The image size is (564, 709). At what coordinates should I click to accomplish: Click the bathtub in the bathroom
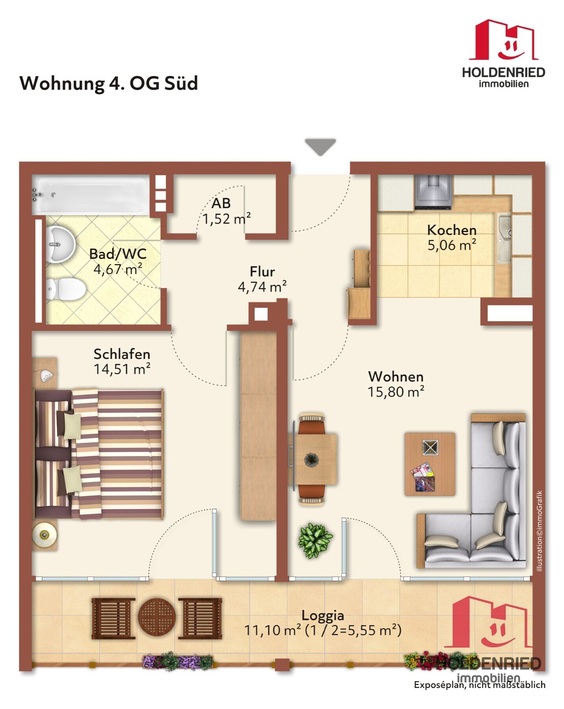pos(91,195)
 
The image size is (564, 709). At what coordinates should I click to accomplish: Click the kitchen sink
pos(504,238)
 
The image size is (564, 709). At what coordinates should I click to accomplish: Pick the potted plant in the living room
pos(315,540)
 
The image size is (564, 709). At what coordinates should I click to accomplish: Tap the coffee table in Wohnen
pos(430,464)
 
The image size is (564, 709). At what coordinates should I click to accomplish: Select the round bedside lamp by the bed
pos(44,535)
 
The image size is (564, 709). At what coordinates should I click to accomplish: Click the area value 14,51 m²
pos(122,369)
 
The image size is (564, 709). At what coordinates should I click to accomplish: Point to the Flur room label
pos(262,272)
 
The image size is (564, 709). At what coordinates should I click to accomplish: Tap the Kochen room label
pos(452,230)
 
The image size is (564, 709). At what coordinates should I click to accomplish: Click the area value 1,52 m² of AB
pos(227,219)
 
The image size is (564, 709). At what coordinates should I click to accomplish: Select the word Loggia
pos(323,615)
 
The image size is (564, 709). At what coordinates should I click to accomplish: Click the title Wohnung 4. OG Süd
pos(109,83)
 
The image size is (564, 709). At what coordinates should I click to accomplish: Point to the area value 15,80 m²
pos(396,392)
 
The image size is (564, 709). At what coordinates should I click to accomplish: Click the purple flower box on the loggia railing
pos(178,662)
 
